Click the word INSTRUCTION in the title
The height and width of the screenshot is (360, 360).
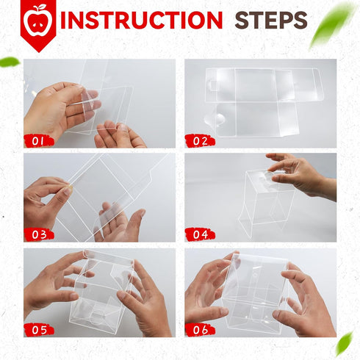click(x=141, y=20)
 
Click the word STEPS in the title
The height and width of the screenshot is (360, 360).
click(x=271, y=21)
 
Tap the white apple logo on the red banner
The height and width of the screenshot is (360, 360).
click(x=39, y=20)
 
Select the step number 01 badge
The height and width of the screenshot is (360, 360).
click(x=39, y=141)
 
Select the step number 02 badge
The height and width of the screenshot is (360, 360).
click(x=200, y=141)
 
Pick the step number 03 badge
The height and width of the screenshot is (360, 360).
click(x=39, y=234)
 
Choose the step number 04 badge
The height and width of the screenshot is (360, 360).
click(x=200, y=234)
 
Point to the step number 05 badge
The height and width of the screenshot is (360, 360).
click(x=39, y=330)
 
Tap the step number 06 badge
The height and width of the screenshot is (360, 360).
click(x=200, y=330)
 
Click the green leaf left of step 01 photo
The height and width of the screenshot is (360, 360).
click(x=10, y=62)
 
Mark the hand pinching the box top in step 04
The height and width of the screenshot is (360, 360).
click(x=301, y=176)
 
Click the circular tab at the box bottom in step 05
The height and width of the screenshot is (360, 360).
click(x=98, y=317)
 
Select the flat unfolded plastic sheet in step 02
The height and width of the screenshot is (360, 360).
click(x=263, y=102)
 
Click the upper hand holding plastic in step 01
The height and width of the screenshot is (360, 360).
click(x=62, y=108)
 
